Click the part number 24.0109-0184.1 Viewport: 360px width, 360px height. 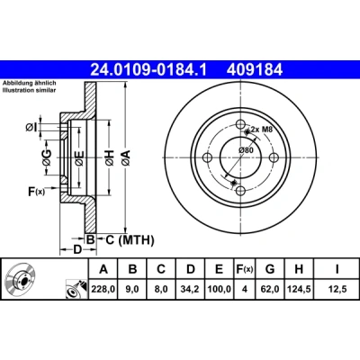tap(148, 70)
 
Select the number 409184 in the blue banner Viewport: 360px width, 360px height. tap(255, 70)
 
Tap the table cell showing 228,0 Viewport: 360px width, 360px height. tap(103, 289)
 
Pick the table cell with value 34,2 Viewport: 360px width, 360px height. tap(191, 289)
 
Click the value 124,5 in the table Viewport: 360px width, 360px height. tap(299, 289)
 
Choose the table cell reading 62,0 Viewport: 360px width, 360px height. tap(270, 289)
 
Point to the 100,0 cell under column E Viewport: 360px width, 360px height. tap(219, 289)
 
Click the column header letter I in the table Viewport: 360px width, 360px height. tap(337, 269)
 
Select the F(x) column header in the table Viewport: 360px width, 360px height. tap(245, 269)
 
